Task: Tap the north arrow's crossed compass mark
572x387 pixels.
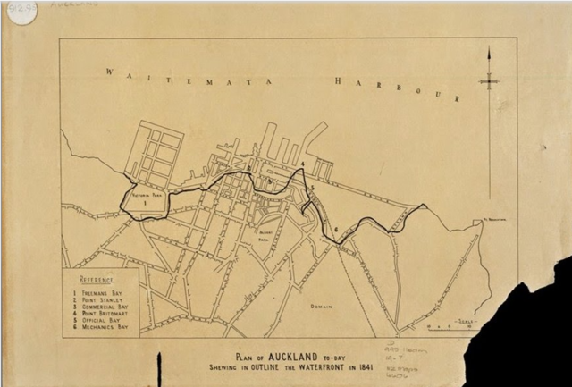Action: (489, 80)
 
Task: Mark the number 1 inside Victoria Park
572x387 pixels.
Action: (144, 203)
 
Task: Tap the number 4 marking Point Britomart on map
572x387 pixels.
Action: (303, 165)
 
